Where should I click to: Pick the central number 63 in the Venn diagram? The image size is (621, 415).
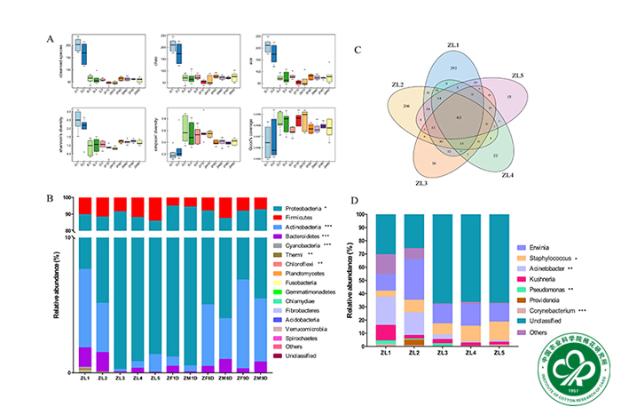point(458,116)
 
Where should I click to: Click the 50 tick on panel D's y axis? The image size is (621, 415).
point(361,280)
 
